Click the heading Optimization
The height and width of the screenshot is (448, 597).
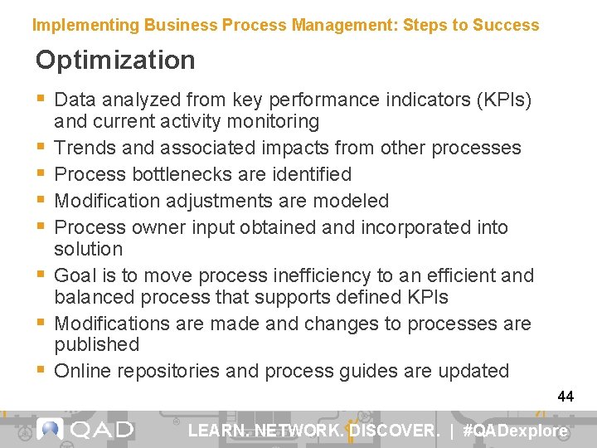[x=115, y=61]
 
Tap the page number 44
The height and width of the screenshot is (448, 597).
[x=565, y=397]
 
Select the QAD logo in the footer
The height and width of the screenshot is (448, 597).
[x=85, y=430]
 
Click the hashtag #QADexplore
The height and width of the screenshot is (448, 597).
[x=516, y=431]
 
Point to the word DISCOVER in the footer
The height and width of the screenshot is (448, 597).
[x=394, y=431]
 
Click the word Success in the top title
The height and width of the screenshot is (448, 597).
[x=506, y=25]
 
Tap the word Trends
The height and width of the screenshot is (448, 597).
[x=84, y=148]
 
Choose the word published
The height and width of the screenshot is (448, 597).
[x=96, y=344]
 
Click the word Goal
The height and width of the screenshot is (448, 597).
[x=75, y=275]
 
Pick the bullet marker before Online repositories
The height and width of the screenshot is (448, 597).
[x=41, y=371]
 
